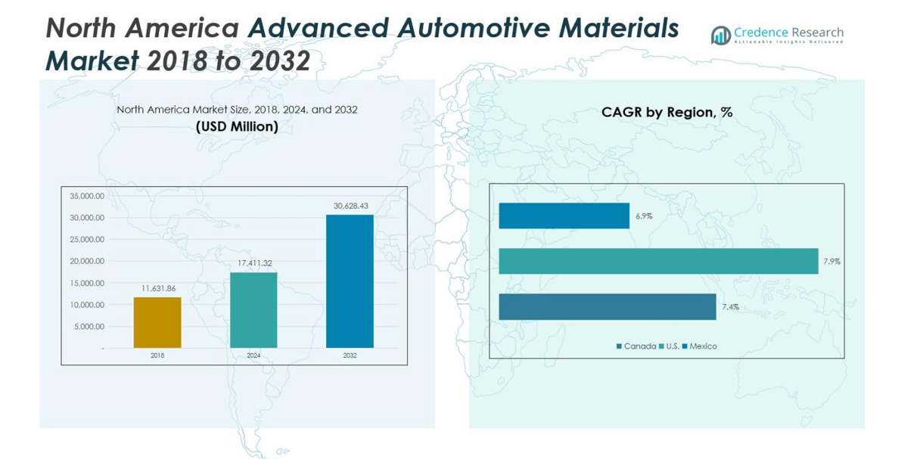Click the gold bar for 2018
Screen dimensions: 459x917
[157, 323]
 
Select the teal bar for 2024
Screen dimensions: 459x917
[253, 310]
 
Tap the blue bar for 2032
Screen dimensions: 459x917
[350, 281]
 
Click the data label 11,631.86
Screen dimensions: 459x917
[158, 289]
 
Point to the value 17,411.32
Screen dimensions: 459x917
[254, 263]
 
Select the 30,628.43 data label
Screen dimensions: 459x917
[350, 206]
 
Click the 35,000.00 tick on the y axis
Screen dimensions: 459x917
[87, 196]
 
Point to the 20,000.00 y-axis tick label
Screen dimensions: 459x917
[87, 261]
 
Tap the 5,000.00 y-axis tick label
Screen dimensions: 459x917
[89, 327]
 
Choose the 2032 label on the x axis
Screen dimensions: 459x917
[350, 355]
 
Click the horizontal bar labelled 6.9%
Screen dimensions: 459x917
[564, 216]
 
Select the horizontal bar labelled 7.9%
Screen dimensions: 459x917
[658, 261]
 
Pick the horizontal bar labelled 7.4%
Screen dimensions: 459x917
[607, 307]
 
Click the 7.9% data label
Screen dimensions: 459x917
[832, 262]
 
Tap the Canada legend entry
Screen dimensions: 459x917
[636, 346]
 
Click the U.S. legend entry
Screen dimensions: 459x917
[669, 346]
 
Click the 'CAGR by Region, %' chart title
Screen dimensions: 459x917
[667, 113]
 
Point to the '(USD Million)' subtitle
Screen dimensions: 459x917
[237, 127]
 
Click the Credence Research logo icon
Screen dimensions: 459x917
[720, 35]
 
